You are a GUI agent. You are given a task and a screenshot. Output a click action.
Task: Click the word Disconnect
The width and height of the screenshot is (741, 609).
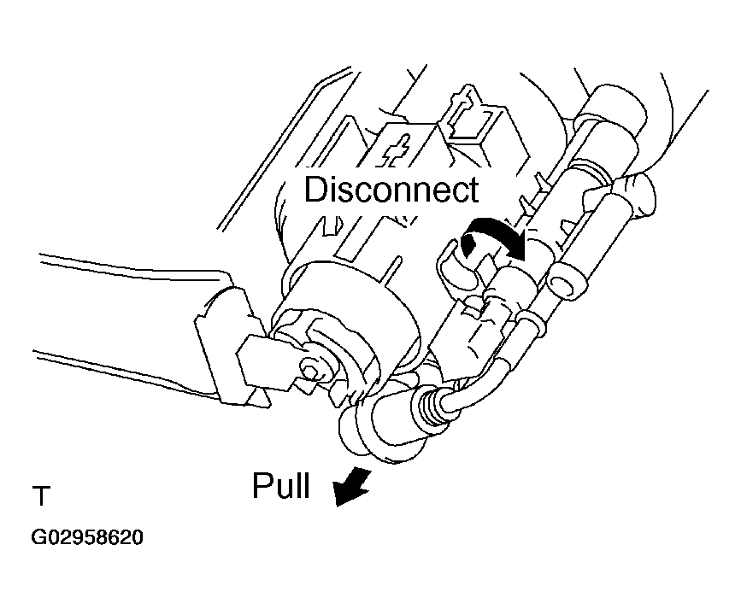pos(391,189)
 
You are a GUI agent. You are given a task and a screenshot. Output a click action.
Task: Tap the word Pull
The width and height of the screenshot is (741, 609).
pos(279,486)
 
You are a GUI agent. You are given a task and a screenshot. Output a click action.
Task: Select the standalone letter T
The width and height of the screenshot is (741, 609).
pos(42,496)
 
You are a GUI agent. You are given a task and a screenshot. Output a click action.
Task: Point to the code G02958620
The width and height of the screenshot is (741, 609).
pos(87,539)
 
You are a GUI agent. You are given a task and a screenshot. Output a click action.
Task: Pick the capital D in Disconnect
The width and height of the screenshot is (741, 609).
pos(316,189)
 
